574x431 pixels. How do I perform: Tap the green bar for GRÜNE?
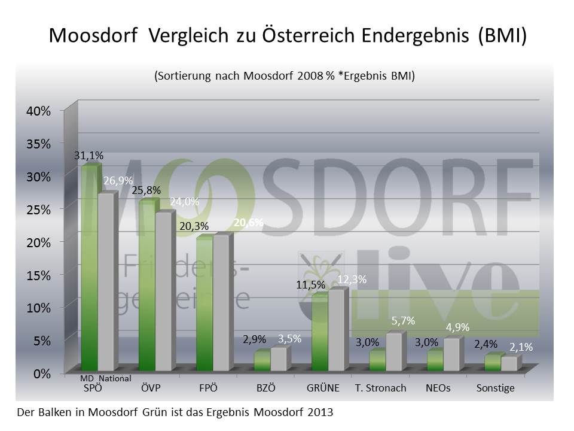coord(319,332)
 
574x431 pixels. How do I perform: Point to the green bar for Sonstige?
coord(492,363)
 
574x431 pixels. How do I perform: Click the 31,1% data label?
coord(88,156)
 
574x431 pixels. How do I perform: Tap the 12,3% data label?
coord(352,280)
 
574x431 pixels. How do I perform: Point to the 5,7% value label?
coord(403,321)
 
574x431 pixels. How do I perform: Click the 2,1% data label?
coord(521,347)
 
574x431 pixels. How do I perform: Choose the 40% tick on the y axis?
coord(38,111)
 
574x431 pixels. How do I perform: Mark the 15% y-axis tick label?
coord(38,275)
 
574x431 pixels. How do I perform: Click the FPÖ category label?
coord(208,388)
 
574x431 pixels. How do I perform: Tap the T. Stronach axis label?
coord(380,388)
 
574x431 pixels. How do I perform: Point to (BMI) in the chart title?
coord(502,35)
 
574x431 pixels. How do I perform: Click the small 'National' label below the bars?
coord(115,379)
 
